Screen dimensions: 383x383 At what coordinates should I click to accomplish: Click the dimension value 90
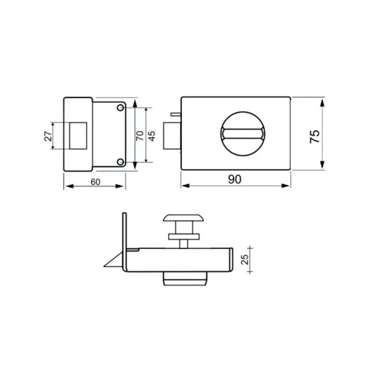[235, 180]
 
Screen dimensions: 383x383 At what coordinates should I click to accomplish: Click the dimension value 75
[315, 136]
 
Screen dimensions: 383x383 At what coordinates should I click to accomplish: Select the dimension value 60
[95, 182]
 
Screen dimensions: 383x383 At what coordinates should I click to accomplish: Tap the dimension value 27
[48, 136]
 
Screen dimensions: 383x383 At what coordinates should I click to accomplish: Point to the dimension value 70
[140, 136]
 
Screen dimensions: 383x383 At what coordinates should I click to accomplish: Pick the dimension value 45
[151, 136]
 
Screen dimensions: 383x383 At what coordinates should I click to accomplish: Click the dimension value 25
[245, 259]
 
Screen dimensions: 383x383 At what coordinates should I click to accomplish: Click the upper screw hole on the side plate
[120, 108]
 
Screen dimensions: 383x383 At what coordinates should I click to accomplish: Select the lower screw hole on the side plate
[120, 162]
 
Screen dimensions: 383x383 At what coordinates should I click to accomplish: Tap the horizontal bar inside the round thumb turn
[242, 134]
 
